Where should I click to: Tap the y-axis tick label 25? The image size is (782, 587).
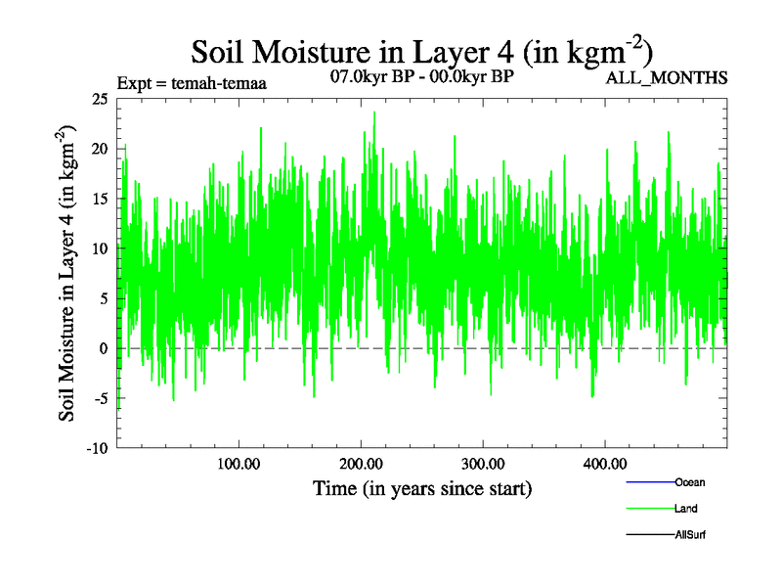coord(98,99)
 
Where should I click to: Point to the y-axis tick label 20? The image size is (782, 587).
coord(98,149)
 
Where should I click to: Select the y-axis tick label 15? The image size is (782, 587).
coord(98,199)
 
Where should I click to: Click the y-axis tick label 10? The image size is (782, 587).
coord(98,248)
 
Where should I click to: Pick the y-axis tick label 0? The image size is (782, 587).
coord(103,348)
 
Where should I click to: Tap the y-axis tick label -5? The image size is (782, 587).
coord(99,398)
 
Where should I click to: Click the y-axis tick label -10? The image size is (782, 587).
coord(96,448)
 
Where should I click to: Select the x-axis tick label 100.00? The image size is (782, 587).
coord(239,463)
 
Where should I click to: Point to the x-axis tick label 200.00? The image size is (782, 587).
coord(361,463)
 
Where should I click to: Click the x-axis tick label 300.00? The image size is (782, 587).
coord(483,463)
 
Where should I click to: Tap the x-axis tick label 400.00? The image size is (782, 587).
coord(605,463)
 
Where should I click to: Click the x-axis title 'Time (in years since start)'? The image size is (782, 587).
coord(422,487)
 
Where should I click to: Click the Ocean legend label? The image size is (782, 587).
coord(689,482)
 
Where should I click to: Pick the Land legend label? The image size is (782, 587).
coord(685,509)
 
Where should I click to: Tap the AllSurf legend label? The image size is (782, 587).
coord(690,535)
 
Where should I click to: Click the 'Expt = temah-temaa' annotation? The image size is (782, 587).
coord(192,83)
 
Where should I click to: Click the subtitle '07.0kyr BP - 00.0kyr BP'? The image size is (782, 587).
coord(423,75)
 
